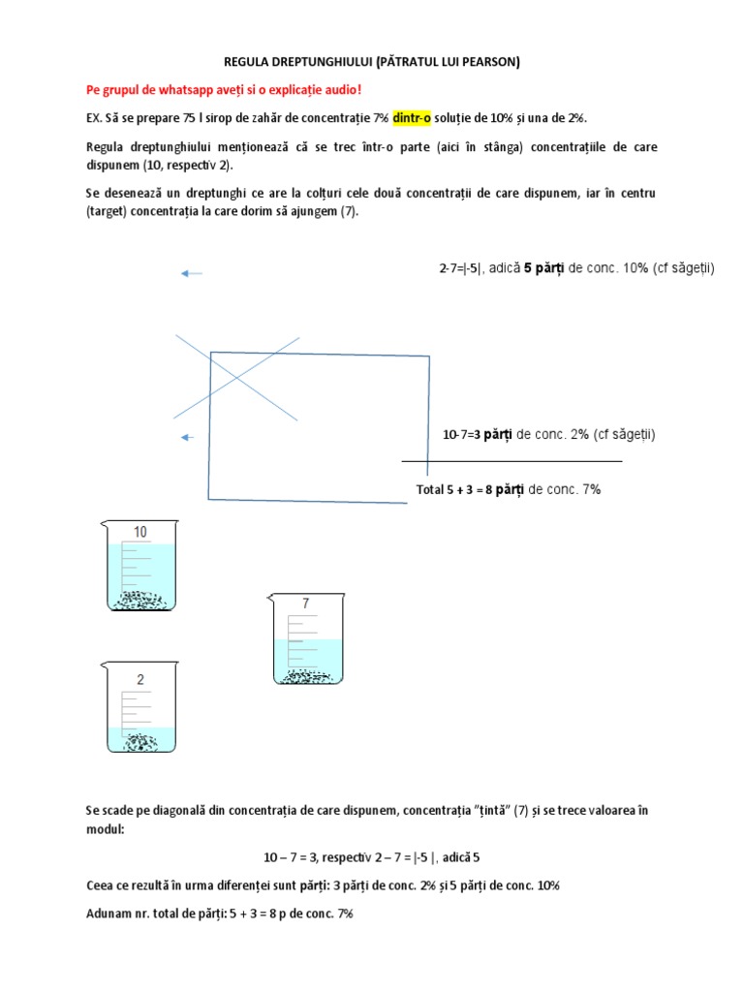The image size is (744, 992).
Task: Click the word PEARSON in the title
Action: [x=484, y=62]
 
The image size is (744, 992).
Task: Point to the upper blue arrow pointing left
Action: [x=192, y=274]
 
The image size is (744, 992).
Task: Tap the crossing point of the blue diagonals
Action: [x=237, y=377]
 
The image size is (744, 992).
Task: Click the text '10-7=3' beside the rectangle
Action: [x=462, y=435]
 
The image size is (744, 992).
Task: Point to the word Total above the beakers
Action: [x=429, y=490]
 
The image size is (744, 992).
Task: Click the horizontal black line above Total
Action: [x=511, y=462]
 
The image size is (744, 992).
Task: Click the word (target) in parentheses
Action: [x=108, y=211]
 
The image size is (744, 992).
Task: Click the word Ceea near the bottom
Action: [x=101, y=885]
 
